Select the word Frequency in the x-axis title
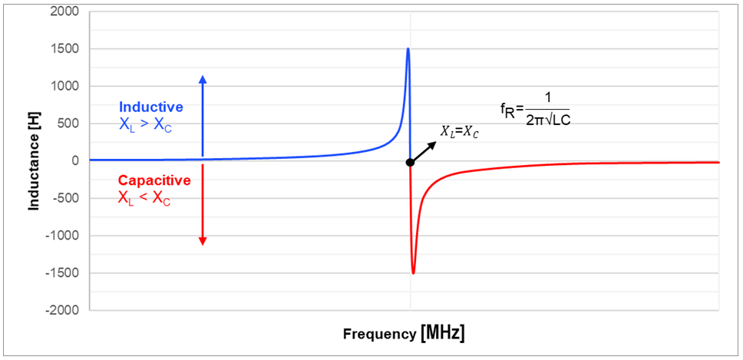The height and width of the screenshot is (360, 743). click(378, 335)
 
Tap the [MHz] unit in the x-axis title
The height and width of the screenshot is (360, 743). click(443, 334)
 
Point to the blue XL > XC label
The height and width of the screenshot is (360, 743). click(145, 125)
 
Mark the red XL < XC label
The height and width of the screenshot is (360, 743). click(145, 199)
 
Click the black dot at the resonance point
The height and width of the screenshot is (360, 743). click(411, 163)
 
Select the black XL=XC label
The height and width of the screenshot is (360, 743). click(459, 132)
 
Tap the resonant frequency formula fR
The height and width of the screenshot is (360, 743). click(534, 109)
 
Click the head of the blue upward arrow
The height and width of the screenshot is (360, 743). click(203, 78)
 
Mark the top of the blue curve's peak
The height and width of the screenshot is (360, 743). click(408, 49)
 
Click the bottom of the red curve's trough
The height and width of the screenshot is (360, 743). click(414, 272)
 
